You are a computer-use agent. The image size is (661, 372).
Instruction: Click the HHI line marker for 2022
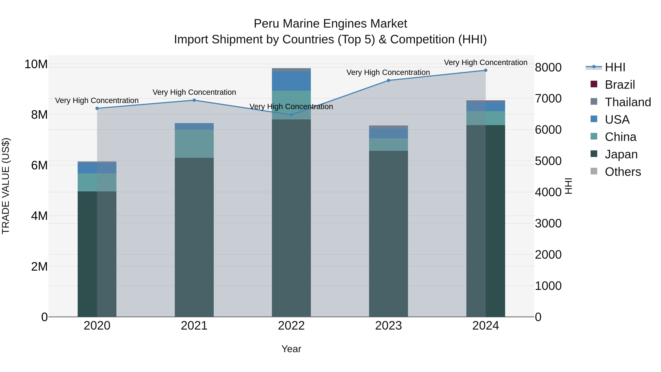(x=291, y=115)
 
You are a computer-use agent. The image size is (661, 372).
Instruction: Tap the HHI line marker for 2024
(x=485, y=70)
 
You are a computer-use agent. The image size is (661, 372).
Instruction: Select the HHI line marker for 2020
(x=97, y=108)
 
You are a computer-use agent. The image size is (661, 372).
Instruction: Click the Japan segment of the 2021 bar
(x=194, y=236)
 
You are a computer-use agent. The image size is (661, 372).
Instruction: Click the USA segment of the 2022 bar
(x=291, y=81)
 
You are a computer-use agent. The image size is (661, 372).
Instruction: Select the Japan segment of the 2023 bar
(x=388, y=234)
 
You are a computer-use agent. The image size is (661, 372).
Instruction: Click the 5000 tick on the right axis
(x=548, y=161)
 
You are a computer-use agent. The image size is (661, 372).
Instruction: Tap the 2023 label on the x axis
(x=388, y=326)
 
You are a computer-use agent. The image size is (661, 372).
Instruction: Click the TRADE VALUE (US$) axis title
(x=6, y=186)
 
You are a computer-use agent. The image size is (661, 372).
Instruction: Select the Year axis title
(x=291, y=349)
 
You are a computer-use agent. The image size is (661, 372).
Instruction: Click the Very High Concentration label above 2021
(x=194, y=92)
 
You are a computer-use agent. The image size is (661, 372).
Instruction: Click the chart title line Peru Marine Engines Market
(x=330, y=24)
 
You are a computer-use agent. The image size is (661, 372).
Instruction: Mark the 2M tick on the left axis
(x=39, y=267)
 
